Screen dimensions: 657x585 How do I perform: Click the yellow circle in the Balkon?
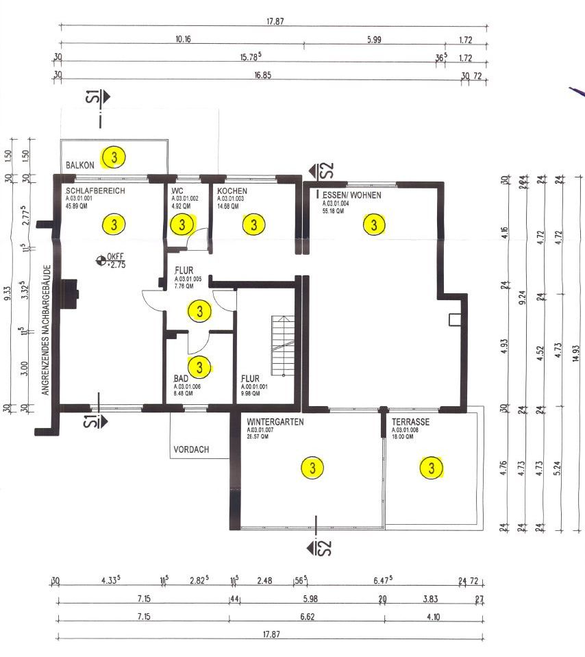point(114,158)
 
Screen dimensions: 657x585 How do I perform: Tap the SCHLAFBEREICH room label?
point(95,191)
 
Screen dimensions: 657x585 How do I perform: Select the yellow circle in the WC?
point(182,224)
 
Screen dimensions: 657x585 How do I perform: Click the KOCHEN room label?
point(232,191)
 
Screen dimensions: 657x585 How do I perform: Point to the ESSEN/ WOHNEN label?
point(351,195)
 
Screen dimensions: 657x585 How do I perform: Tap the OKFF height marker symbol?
point(101,260)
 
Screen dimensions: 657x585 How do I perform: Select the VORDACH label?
point(191,450)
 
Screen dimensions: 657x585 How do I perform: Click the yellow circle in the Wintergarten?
point(312,468)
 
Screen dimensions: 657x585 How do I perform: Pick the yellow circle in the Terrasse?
point(432,468)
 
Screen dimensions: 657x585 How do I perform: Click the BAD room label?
point(181,378)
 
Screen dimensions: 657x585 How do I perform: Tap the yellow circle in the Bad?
point(199,367)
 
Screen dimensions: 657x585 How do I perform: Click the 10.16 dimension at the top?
point(183,40)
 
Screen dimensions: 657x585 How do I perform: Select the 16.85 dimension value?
point(262,75)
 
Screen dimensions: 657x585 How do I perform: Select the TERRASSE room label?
point(410,422)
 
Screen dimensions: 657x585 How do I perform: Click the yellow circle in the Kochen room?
point(254,224)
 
